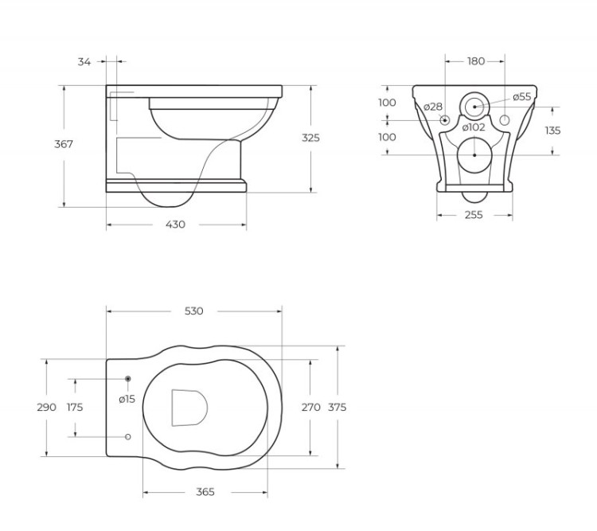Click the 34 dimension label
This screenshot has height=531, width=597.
[84, 61]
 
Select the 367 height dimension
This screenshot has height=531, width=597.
[64, 144]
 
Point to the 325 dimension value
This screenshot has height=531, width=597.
[310, 138]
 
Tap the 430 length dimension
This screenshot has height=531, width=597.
[175, 225]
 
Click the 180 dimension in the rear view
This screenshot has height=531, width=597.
[476, 61]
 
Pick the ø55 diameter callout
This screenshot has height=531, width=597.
[521, 96]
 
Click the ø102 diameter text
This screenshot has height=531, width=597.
[474, 127]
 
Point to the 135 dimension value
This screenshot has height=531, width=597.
[552, 130]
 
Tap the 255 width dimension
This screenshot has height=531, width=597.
[475, 214]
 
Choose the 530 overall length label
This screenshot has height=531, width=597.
[193, 310]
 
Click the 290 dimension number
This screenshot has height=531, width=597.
[46, 407]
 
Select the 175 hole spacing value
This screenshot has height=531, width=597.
[75, 407]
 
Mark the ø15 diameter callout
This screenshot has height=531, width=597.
[127, 399]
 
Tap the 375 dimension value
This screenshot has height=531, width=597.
[337, 407]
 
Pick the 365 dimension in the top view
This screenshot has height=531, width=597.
[205, 492]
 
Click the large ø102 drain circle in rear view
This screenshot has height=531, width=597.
[474, 154]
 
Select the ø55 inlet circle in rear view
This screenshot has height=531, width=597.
[474, 105]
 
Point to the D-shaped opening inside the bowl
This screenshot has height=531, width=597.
[189, 407]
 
